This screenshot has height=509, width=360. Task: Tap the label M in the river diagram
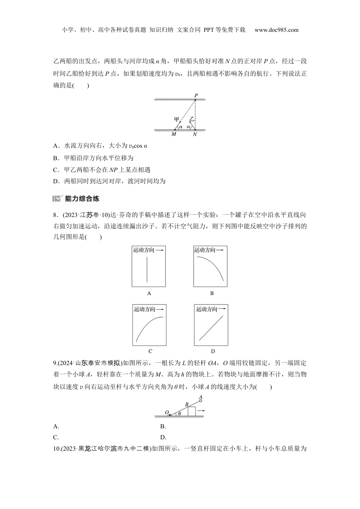pos(174,134)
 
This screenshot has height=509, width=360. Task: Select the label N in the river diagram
pos(195,134)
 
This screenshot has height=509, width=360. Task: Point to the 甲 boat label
pos(177,119)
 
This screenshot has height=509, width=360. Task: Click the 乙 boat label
pos(192,119)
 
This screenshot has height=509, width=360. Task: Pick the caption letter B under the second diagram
pos(212,293)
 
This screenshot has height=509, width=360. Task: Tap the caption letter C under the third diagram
pos(150,351)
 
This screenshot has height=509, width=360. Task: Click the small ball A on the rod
pos(200,401)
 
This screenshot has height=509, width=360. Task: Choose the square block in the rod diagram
pos(192,411)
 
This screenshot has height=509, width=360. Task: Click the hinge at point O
pos(169,415)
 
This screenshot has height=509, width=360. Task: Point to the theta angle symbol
pos(179,413)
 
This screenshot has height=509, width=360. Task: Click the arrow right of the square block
pos(201,411)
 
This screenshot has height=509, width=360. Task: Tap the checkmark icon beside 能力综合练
pos(58,198)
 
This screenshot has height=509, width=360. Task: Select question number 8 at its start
pos(55,215)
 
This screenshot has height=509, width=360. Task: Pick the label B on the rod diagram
pos(187,404)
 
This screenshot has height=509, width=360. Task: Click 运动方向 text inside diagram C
pos(145,309)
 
